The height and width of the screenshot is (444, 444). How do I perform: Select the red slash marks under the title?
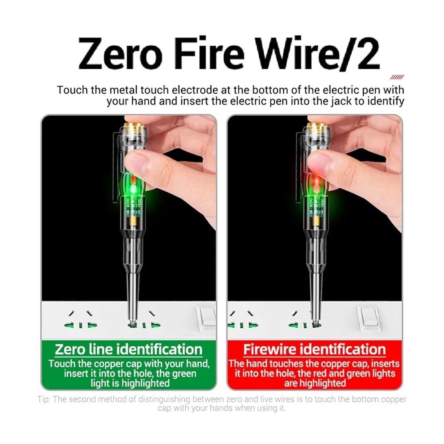[x=397, y=77]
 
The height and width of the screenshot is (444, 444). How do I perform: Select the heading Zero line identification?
[x=129, y=349]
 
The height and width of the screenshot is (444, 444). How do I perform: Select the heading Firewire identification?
[x=314, y=349]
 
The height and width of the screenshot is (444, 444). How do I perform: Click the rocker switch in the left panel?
[x=206, y=318]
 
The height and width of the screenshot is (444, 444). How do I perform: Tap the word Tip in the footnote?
[x=44, y=399]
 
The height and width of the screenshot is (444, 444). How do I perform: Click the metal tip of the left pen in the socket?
[x=132, y=312]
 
